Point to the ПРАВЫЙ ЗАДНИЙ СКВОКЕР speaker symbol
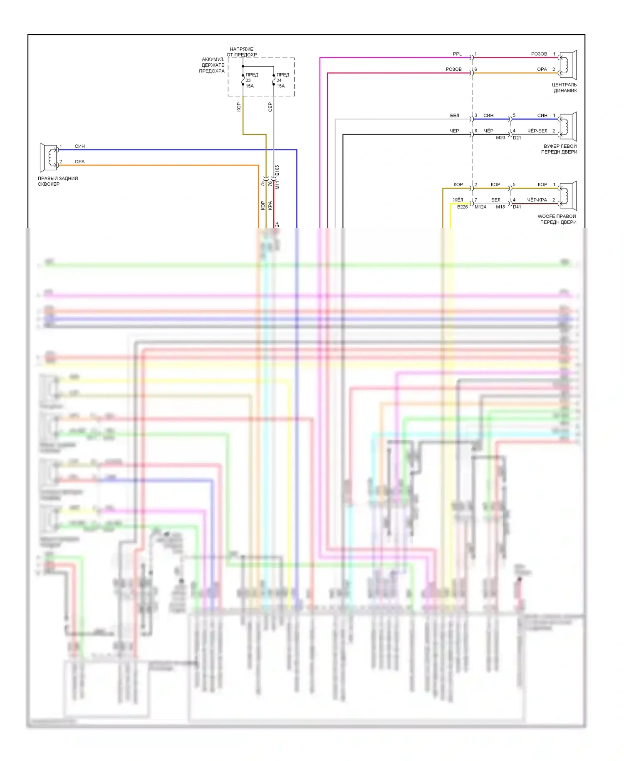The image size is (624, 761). pyautogui.click(x=49, y=157)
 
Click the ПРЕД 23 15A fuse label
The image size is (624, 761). pyautogui.click(x=251, y=80)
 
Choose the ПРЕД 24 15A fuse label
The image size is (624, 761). pyautogui.click(x=282, y=80)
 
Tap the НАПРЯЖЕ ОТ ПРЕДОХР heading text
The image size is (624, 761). pyautogui.click(x=242, y=52)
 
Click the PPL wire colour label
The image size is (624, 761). pyautogui.click(x=457, y=54)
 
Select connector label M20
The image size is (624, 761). pyautogui.click(x=500, y=137)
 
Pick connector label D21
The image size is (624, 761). pyautogui.click(x=517, y=137)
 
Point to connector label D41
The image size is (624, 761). pyautogui.click(x=517, y=207)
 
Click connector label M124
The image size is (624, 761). pyautogui.click(x=480, y=207)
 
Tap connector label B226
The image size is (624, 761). pyautogui.click(x=462, y=207)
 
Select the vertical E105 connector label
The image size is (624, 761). pyautogui.click(x=277, y=171)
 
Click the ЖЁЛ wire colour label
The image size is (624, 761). pyautogui.click(x=458, y=200)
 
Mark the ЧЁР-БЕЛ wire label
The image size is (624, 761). pyautogui.click(x=537, y=131)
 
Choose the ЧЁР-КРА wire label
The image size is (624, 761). pyautogui.click(x=537, y=200)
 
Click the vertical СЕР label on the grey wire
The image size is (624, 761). pyautogui.click(x=270, y=107)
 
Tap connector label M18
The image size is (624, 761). pyautogui.click(x=500, y=207)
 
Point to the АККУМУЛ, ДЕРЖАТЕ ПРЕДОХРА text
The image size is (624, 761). pyautogui.click(x=212, y=65)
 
